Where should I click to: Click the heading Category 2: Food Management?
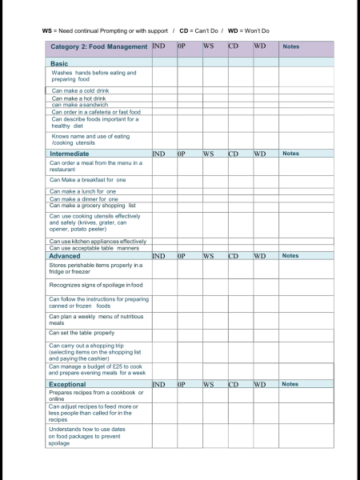98,47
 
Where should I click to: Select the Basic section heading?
59,63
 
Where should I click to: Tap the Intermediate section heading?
70,154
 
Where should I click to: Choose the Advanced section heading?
65,256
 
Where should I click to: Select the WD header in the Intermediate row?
260,154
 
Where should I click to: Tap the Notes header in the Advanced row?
290,256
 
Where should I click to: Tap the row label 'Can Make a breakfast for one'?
87,180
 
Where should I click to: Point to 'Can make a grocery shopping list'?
92,206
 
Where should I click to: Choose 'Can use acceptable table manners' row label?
94,248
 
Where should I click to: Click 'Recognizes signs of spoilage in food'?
95,285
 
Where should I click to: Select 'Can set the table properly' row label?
82,333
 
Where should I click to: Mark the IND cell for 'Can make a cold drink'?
164,91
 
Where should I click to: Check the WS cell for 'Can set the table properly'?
214,333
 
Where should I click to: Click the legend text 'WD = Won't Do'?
249,30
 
